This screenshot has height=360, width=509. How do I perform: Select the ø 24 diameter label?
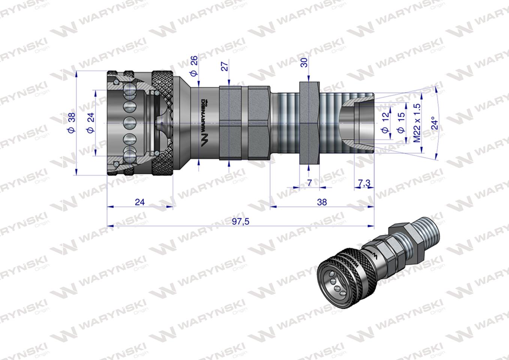(x=90, y=122)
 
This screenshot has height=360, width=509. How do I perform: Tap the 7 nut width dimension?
(x=309, y=183)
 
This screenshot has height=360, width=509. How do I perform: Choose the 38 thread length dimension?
(x=321, y=202)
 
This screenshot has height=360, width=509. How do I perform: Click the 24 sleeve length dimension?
(x=140, y=202)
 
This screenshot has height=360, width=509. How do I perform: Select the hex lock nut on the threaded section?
(x=309, y=123)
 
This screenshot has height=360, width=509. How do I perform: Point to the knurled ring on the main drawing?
(x=162, y=123)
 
